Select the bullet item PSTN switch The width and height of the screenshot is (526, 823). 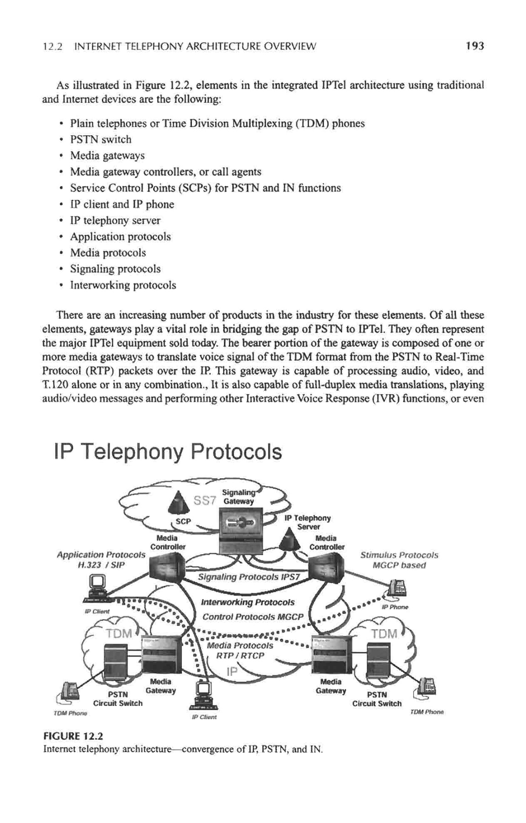101,139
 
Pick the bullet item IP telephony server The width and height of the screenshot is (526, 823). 115,220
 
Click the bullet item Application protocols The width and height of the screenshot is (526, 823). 120,237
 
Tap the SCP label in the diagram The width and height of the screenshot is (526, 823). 183,521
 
